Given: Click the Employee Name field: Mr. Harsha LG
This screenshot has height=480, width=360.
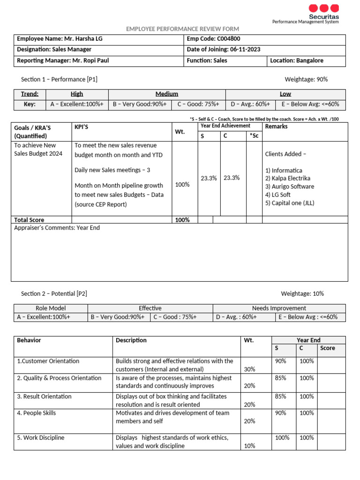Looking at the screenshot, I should (x=60, y=39).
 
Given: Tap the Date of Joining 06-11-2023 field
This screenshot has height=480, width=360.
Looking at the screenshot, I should (x=224, y=50).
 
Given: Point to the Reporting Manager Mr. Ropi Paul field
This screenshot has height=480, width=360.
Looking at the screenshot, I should (x=63, y=60).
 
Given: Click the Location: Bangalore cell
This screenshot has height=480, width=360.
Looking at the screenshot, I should (x=296, y=60).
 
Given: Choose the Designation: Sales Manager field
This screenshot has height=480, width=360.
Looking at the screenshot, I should (x=54, y=50).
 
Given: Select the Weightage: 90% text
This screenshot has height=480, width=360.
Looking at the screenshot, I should (x=306, y=79).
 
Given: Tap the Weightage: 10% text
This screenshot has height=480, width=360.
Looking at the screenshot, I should (x=302, y=293).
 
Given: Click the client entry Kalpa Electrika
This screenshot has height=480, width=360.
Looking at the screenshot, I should (x=288, y=178).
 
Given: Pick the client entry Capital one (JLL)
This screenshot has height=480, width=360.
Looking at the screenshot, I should (x=290, y=203).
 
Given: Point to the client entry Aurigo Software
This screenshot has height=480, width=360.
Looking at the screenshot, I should (x=290, y=187).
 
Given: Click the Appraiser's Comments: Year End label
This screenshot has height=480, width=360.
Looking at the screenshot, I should (x=57, y=228).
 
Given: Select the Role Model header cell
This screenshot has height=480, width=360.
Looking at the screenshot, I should (x=51, y=308).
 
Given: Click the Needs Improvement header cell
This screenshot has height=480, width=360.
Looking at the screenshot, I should (x=279, y=308).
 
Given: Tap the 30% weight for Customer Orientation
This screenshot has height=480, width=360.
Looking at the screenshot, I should (x=249, y=369).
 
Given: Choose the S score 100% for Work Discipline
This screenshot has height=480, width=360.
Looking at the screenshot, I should (x=282, y=438).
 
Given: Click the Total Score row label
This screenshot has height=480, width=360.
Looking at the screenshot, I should (x=29, y=220).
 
